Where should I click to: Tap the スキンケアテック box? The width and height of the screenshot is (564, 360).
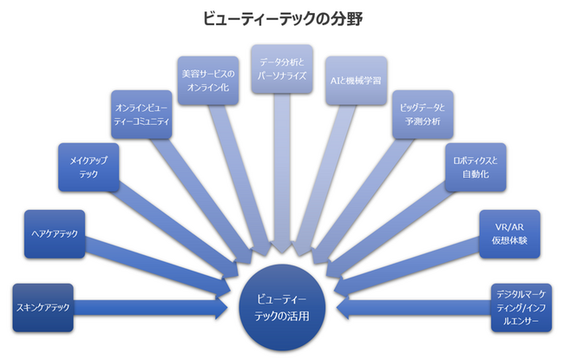pos(43,307)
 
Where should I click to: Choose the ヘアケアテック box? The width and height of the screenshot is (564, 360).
pos(56,233)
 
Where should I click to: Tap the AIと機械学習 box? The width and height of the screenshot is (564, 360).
pos(356,80)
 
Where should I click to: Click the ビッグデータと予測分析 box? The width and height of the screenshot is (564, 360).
pos(422,114)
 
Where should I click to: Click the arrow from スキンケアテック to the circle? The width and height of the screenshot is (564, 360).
pos(148,307)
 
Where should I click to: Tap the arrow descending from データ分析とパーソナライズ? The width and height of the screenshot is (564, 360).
pos(281,173)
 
